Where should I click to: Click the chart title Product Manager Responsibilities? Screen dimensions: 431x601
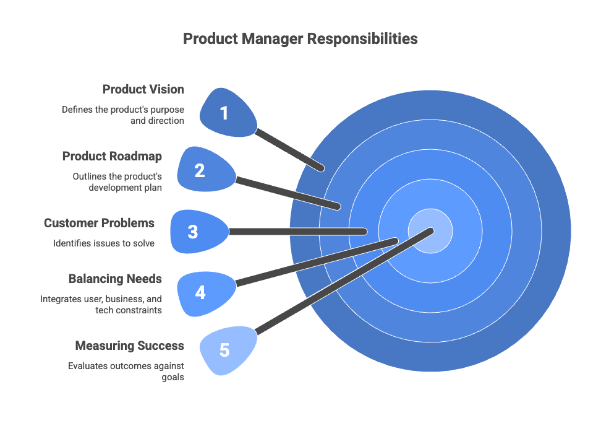[300, 39]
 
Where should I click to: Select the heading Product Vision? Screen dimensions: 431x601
[143, 89]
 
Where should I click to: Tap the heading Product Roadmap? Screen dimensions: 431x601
[112, 156]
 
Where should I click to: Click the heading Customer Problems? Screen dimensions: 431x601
[99, 223]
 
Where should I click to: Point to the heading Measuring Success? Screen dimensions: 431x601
[129, 345]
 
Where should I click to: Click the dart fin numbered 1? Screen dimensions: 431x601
[226, 113]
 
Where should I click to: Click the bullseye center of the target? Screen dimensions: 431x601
[431, 231]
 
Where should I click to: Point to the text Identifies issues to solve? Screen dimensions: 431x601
[103, 243]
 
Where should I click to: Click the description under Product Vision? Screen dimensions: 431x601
[122, 115]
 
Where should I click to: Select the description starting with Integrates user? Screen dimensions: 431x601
[101, 305]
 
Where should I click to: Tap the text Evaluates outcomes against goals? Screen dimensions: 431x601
[126, 371]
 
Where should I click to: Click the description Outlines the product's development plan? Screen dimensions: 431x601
[117, 182]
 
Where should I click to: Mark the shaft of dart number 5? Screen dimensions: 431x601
[340, 283]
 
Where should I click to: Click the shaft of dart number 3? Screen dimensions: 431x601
[297, 232]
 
